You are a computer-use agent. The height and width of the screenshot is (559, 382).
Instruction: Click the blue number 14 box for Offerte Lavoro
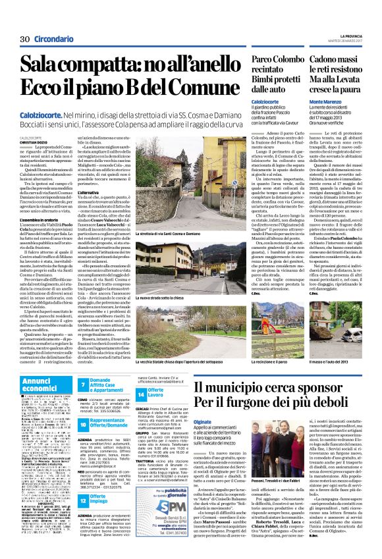click(x=141, y=393)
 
